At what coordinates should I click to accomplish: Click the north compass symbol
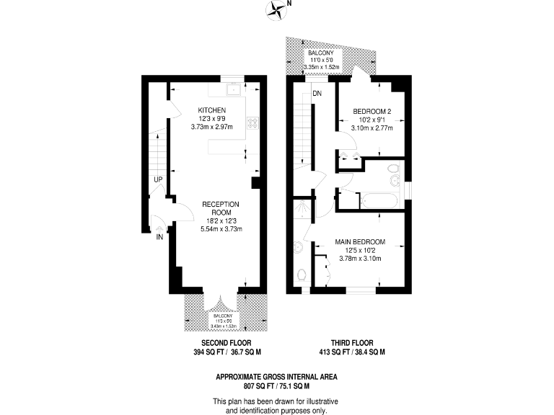coord(276,8)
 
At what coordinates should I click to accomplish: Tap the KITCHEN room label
coord(213,110)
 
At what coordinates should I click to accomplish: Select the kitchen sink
coord(233,89)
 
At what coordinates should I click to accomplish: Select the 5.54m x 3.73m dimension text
coord(221,228)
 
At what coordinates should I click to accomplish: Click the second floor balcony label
coord(221,316)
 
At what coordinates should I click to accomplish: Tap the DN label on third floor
coord(317,94)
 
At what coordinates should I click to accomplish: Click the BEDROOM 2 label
coord(371,111)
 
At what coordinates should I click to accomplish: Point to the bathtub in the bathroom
coord(375,199)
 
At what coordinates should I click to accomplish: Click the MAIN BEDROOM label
coord(359,241)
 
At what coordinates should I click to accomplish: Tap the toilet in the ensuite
coord(302,275)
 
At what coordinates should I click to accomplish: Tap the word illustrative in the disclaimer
coord(318,401)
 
